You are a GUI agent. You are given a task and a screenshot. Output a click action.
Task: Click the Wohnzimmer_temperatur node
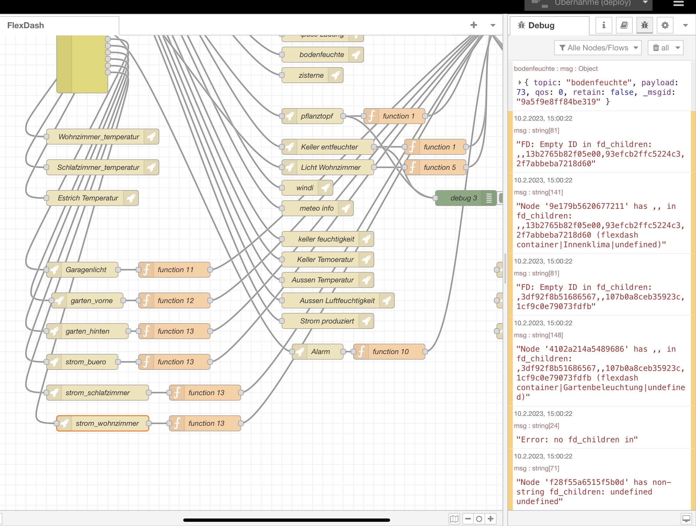point(98,137)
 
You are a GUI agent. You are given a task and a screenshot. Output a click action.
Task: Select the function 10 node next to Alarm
point(390,352)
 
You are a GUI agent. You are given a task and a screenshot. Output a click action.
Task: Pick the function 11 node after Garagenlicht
point(175,270)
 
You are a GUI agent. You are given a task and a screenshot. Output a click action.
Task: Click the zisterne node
point(311,75)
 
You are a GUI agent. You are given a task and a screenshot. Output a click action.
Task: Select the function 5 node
point(439,167)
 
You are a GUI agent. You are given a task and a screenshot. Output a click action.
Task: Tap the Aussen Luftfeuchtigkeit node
point(337,301)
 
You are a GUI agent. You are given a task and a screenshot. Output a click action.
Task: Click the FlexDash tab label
point(26,26)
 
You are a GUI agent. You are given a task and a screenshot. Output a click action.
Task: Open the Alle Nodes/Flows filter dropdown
point(598,48)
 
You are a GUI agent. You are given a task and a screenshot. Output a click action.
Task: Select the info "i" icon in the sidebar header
point(604,25)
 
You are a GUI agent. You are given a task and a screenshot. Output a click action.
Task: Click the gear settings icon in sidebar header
point(665,25)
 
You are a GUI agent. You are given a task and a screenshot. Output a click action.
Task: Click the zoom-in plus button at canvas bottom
point(491,518)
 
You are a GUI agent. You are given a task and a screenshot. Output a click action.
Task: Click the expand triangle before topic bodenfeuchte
point(520,83)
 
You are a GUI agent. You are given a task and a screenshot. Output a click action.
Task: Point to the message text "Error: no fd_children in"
point(577,440)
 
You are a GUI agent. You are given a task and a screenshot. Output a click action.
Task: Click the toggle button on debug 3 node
point(500,198)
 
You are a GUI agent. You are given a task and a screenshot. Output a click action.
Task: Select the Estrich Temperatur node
point(88,198)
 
